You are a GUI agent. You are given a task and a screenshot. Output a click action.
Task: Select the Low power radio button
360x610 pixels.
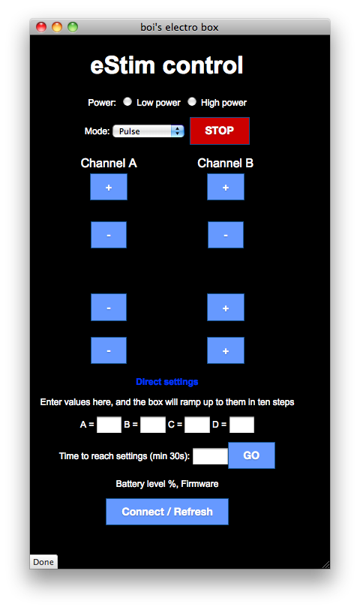tap(127, 101)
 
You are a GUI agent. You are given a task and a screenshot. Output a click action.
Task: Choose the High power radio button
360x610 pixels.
tap(192, 101)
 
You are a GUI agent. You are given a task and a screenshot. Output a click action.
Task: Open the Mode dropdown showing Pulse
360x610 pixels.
tap(148, 131)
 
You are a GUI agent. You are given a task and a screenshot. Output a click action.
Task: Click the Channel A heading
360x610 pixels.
tap(109, 163)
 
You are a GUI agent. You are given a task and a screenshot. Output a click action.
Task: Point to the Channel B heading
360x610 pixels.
tap(226, 163)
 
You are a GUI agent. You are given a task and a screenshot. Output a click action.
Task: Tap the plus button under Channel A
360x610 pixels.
tap(109, 187)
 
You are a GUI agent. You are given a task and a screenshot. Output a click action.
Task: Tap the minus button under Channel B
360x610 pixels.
tap(226, 235)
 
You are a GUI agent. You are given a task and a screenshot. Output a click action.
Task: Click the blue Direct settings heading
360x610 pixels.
tap(167, 382)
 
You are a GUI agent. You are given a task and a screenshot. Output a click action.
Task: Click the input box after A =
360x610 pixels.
tap(109, 425)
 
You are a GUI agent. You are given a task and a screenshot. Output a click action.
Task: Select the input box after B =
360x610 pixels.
tap(152, 425)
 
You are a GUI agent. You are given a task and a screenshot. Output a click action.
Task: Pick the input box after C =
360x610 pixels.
tap(197, 425)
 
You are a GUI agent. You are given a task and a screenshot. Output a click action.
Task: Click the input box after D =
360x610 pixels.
tap(241, 425)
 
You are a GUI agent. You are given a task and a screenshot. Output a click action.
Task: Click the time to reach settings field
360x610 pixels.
tap(210, 455)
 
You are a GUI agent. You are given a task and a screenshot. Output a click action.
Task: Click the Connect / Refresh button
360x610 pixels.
tap(167, 512)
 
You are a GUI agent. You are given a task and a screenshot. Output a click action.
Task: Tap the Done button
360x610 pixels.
tap(43, 562)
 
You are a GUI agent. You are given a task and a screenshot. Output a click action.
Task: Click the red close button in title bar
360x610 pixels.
tap(41, 27)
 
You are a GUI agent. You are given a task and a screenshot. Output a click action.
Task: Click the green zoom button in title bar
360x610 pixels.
tap(73, 27)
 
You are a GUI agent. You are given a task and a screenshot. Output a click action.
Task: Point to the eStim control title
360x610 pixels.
tap(166, 65)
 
